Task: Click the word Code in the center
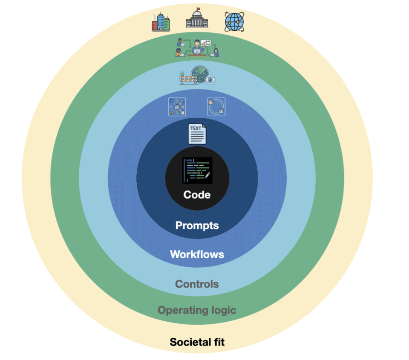click(197, 194)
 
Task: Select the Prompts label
click(197, 226)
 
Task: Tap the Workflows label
click(197, 254)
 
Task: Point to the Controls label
click(197, 284)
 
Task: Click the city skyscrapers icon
click(161, 22)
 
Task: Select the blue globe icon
click(234, 22)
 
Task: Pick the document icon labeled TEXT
click(197, 134)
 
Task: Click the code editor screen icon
click(197, 170)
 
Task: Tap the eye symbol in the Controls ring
click(210, 79)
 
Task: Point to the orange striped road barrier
click(188, 79)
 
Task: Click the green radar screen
click(200, 74)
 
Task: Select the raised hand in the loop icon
click(211, 102)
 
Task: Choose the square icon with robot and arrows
click(177, 107)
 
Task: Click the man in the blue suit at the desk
click(197, 47)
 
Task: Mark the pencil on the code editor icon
click(207, 175)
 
